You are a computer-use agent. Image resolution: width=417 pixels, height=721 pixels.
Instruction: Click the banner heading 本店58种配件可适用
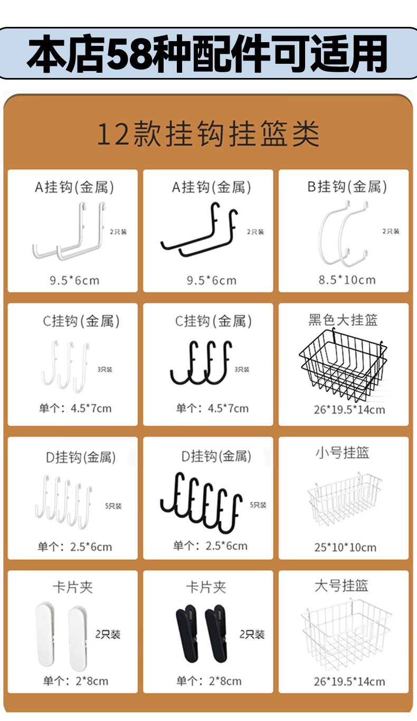coord(207,53)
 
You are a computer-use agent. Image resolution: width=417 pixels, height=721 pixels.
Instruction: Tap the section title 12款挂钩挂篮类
coord(208,134)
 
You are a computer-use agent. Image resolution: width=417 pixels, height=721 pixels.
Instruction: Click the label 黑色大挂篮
coord(343,320)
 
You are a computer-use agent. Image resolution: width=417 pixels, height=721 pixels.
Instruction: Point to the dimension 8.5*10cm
coord(347,280)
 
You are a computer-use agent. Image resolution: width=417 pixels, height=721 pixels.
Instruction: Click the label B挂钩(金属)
coord(347,187)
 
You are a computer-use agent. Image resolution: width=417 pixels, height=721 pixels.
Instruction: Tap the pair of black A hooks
coord(200,229)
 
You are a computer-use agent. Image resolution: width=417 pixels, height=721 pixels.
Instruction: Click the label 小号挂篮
coord(342,453)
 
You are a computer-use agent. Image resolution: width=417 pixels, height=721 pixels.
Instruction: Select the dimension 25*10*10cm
coord(345,547)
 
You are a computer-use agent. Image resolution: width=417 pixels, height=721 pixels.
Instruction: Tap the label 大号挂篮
coord(342,586)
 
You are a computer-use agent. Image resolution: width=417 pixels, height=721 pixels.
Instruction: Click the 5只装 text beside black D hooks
coord(258,505)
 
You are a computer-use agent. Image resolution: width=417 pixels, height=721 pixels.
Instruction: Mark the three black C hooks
coord(202,363)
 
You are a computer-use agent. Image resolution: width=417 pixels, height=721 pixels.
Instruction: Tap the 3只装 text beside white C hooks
coord(105,369)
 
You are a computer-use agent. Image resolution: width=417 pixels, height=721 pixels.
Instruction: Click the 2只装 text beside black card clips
coord(252,634)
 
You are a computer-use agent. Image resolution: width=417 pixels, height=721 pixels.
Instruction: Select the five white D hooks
coord(63,502)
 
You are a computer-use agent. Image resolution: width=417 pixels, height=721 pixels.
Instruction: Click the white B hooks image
coord(343,233)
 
